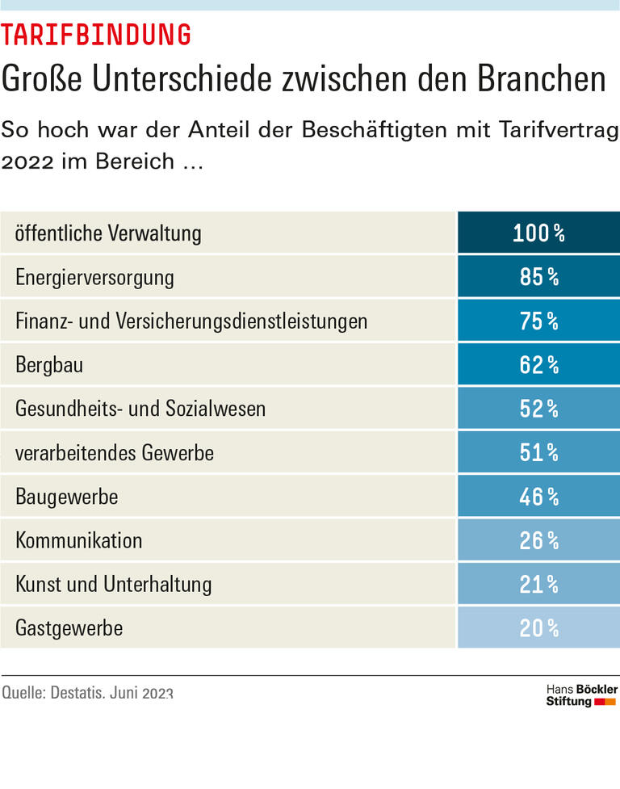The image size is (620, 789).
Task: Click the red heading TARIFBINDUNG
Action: point(96,35)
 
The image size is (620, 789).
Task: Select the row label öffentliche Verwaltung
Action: point(108,233)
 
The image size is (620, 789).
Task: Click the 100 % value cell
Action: point(538,233)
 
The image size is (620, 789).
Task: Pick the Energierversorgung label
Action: point(94,278)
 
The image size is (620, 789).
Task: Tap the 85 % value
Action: point(538,278)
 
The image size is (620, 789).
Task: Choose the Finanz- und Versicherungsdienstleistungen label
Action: point(191,321)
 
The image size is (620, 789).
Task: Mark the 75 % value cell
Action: point(538,321)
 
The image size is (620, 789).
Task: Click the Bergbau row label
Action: point(49,365)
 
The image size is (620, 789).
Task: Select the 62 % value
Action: point(538,365)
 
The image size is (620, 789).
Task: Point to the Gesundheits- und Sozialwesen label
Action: point(140,409)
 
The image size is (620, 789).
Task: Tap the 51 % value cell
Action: point(538,453)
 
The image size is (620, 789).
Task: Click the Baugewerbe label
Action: point(67,497)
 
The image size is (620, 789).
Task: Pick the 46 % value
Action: point(538,497)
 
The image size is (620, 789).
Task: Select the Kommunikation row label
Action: point(79,540)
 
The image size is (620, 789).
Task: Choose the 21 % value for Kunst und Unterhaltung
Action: point(538,584)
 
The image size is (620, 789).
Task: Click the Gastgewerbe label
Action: point(69,627)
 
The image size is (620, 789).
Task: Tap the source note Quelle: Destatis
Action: point(87,693)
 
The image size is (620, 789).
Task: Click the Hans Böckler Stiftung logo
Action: point(581,695)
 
